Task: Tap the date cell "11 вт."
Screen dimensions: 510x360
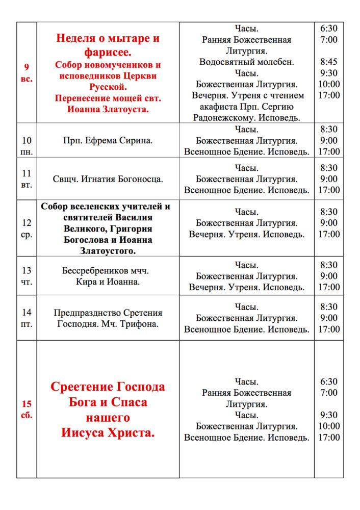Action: point(27,179)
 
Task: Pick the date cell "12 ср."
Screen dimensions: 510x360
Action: point(27,228)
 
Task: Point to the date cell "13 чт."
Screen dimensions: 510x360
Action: point(27,276)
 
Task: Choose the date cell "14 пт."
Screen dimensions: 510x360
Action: point(27,318)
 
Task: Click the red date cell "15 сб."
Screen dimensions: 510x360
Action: point(27,409)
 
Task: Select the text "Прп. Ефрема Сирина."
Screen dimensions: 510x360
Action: point(108,140)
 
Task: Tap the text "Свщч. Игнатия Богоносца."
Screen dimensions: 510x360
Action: point(108,179)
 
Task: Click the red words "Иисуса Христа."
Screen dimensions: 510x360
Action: point(108,433)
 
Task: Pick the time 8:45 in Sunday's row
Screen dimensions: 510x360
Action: point(329,62)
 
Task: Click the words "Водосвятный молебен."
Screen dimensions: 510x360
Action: point(247,62)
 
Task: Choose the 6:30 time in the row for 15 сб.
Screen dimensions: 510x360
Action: point(329,381)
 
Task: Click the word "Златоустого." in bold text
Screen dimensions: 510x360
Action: point(108,250)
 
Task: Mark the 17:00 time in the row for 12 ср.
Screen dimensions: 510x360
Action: point(329,234)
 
